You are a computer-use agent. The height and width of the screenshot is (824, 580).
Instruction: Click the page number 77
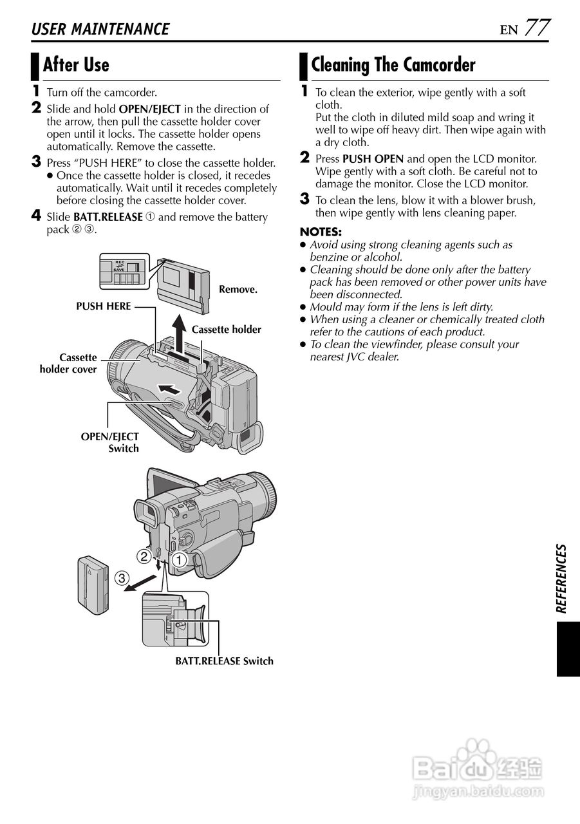pyautogui.click(x=537, y=28)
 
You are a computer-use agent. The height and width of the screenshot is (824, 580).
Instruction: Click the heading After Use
pyautogui.click(x=75, y=65)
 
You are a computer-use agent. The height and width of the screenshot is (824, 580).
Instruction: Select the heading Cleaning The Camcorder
pyautogui.click(x=393, y=65)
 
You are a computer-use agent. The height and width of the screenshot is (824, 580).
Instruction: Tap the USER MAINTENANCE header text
pyautogui.click(x=100, y=30)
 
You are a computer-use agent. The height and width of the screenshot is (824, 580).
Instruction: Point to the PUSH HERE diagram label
pyautogui.click(x=104, y=306)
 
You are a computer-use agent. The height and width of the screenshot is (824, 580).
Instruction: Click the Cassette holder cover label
pyautogui.click(x=69, y=364)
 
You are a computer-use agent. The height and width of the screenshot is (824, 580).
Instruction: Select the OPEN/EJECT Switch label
pyautogui.click(x=110, y=442)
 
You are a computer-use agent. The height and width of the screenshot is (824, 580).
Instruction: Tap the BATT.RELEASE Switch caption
pyautogui.click(x=224, y=661)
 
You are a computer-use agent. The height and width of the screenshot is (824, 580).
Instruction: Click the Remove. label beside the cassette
pyautogui.click(x=238, y=290)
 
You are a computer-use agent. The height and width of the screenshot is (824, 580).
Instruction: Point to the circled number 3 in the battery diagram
pyautogui.click(x=122, y=577)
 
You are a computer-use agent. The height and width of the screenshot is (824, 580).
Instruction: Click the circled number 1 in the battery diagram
pyautogui.click(x=179, y=560)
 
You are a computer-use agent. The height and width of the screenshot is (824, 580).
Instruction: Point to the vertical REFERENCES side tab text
pyautogui.click(x=561, y=578)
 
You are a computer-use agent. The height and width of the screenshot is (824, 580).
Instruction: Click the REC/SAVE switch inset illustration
pyautogui.click(x=123, y=271)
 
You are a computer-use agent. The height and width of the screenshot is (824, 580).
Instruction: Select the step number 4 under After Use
pyautogui.click(x=36, y=216)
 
